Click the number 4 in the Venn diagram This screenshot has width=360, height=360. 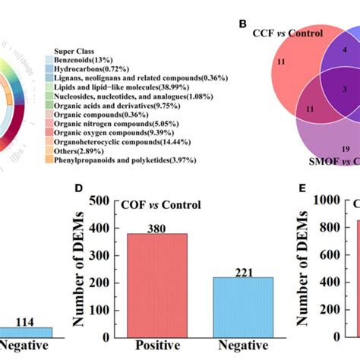click(x=324, y=49)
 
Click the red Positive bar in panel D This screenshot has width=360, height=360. click(x=161, y=281)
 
